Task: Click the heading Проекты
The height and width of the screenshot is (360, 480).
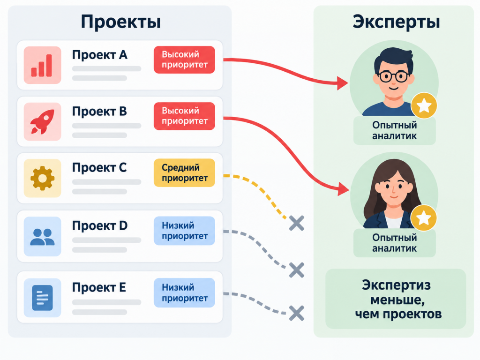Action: coord(120,22)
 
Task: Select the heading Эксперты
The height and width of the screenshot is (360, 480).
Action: coord(397,22)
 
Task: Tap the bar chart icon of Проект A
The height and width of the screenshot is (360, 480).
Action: coord(42,65)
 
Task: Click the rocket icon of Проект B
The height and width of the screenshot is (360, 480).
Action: coord(42,121)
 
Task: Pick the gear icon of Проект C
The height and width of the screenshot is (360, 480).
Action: coord(42,178)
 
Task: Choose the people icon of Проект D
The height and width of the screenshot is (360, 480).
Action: coord(42,236)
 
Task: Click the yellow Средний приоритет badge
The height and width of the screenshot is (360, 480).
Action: coord(184,172)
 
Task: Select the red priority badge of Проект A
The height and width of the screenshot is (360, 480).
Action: coord(184,60)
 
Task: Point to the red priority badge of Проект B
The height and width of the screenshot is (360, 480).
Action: coord(184,116)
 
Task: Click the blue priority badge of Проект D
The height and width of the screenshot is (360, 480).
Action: coord(184,231)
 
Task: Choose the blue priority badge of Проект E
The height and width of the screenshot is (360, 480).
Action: coord(184,292)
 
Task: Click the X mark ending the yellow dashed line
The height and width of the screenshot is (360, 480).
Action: coord(297,223)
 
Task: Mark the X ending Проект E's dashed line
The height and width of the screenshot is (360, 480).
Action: coord(297,313)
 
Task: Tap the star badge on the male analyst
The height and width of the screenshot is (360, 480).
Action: coord(424,105)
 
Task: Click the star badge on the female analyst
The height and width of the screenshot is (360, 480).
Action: coord(424,218)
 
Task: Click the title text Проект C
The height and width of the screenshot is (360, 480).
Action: coord(99,168)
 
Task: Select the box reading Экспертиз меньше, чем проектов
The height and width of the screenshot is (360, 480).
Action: coord(396,299)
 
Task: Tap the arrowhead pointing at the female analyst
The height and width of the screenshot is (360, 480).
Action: coord(344,188)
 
